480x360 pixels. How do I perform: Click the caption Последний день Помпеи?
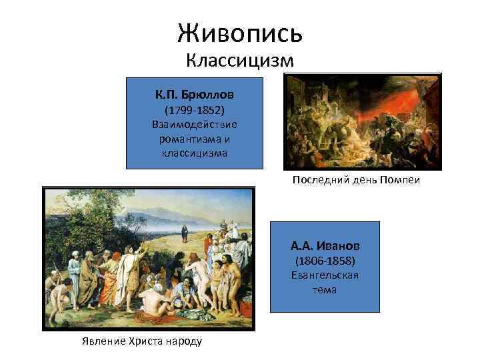tap(356, 180)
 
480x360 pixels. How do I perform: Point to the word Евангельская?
tap(325, 275)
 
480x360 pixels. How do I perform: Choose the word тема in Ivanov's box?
tap(325, 290)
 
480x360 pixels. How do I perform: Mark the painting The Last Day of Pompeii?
tap(363, 121)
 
